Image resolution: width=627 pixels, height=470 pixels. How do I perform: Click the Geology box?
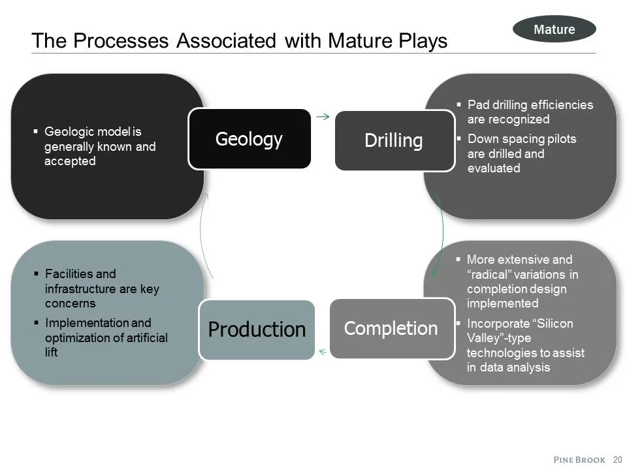pyautogui.click(x=249, y=139)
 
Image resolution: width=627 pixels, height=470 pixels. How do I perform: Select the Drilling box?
pyautogui.click(x=394, y=140)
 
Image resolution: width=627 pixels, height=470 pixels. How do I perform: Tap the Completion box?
pyautogui.click(x=391, y=328)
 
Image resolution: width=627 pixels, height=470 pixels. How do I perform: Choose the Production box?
pyautogui.click(x=256, y=330)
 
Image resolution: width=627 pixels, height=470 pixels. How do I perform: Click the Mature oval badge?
pyautogui.click(x=554, y=29)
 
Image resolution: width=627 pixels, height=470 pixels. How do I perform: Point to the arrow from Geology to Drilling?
pyautogui.click(x=322, y=117)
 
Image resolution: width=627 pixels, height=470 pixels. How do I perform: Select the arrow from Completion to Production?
pyautogui.click(x=322, y=352)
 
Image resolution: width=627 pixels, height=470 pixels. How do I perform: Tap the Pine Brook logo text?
pyautogui.click(x=579, y=460)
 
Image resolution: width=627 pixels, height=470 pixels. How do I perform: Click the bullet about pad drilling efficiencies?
pyautogui.click(x=530, y=112)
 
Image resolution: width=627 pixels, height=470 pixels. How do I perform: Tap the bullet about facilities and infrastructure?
pyautogui.click(x=101, y=289)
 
